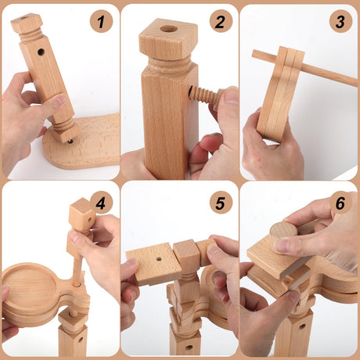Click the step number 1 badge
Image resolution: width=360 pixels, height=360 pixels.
pyautogui.click(x=101, y=21)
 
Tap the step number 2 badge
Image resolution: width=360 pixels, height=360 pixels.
pyautogui.click(x=221, y=21)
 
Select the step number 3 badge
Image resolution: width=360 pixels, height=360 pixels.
pyautogui.click(x=340, y=21)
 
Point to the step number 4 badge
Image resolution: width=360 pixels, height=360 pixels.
pyautogui.click(x=101, y=203)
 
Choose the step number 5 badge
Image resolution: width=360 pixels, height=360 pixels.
pyautogui.click(x=221, y=203)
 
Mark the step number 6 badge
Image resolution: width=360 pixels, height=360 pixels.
pyautogui.click(x=340, y=203)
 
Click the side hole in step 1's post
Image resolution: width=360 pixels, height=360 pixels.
pyautogui.click(x=41, y=52)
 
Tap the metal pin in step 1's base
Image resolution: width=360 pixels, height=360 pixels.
pyautogui.click(x=70, y=142)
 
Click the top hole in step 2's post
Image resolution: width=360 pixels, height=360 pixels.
pyautogui.click(x=169, y=29)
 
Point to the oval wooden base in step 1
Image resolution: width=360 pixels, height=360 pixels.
pyautogui.click(x=81, y=142)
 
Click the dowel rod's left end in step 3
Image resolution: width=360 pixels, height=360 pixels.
pyautogui.click(x=253, y=53)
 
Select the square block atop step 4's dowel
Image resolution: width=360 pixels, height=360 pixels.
pyautogui.click(x=81, y=214)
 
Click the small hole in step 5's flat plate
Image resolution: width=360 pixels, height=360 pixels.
pyautogui.click(x=159, y=259)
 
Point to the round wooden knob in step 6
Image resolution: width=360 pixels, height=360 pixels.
pyautogui.click(x=284, y=231)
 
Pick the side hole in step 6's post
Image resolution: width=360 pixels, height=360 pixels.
pyautogui.click(x=302, y=326)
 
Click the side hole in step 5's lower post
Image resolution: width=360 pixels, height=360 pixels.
pyautogui.click(x=189, y=347)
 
